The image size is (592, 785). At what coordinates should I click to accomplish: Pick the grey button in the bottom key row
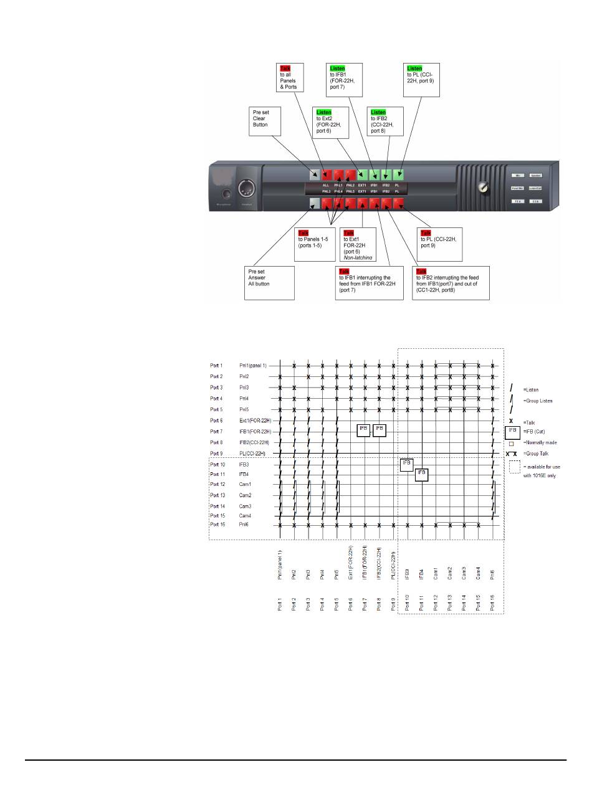point(315,203)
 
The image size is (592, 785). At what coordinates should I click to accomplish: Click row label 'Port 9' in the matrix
point(216,453)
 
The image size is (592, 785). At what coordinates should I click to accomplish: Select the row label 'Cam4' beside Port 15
point(246,516)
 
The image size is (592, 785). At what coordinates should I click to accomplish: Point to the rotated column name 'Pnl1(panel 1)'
point(280,564)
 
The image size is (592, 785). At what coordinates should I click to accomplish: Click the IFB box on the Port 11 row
point(422,474)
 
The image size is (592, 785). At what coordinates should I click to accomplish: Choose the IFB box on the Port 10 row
point(407,464)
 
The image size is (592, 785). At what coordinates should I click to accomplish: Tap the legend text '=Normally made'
point(541,443)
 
